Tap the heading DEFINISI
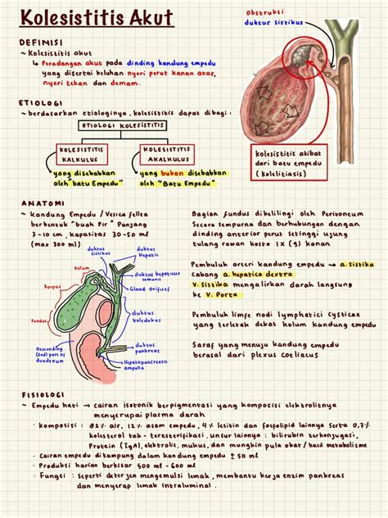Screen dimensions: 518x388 pos(41,41)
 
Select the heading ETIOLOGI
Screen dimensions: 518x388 pos(40,103)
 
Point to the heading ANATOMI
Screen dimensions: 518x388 pos(38,202)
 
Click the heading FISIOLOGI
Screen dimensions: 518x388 pos(43,395)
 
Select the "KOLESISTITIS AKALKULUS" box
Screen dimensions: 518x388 pos(167,154)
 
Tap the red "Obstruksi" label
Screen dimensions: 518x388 pos(264,12)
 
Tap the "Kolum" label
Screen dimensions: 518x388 pos(81,267)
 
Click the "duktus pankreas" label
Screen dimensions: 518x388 pos(147,348)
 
